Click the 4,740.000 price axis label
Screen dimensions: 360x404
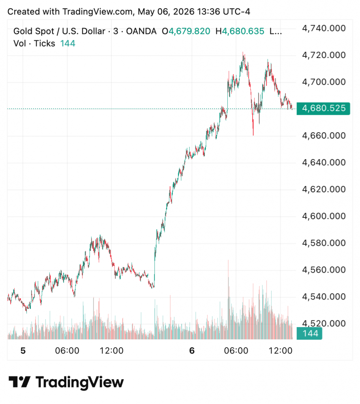coord(324,28)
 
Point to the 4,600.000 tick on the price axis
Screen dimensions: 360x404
coord(324,216)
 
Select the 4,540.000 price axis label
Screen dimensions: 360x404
coord(324,297)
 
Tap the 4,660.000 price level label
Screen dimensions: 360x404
coord(324,136)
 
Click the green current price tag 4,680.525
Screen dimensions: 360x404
coord(323,108)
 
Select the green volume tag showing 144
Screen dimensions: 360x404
coord(309,334)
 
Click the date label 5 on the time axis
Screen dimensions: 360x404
coord(23,351)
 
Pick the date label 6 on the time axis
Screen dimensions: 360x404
coord(192,351)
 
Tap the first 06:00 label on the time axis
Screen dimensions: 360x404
coord(67,351)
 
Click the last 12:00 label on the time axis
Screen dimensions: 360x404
coord(281,351)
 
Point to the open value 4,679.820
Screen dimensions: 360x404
coord(189,32)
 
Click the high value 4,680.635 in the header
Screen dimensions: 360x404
coord(243,32)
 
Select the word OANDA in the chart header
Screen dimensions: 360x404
coord(141,32)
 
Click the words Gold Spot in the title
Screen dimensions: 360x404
coord(34,32)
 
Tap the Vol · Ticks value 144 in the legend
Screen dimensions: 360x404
coord(67,43)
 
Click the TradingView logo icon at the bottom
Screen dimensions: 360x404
coord(20,382)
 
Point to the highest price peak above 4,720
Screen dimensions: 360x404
coord(243,52)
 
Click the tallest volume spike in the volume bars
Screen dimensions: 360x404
coord(228,261)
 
